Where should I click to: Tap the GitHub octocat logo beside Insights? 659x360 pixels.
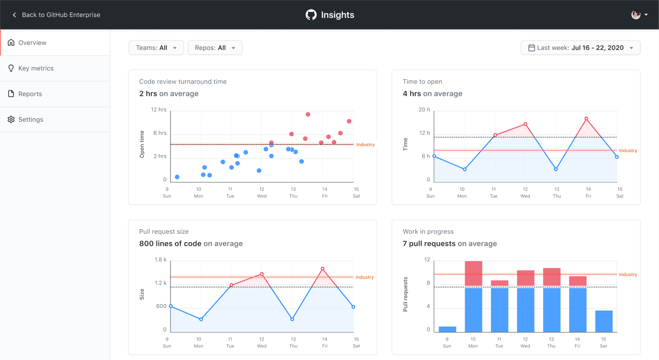click(x=311, y=15)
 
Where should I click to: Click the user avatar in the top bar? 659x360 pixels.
click(x=636, y=15)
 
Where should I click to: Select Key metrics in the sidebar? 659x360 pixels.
click(x=35, y=68)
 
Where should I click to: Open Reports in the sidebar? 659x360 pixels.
click(x=30, y=94)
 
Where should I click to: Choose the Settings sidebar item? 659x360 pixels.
click(x=30, y=119)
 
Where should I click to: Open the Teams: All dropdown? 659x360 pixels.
click(x=156, y=48)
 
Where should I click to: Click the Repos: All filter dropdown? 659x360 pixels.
click(x=215, y=48)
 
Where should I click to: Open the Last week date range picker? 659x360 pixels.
click(x=580, y=48)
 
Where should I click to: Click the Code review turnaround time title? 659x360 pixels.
click(x=183, y=81)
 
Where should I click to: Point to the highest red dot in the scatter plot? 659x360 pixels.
click(x=308, y=114)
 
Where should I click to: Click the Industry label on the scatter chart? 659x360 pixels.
click(x=365, y=145)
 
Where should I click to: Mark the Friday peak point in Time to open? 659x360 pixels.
click(x=586, y=119)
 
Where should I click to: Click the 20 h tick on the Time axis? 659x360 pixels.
click(x=424, y=109)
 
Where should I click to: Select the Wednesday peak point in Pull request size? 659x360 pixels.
click(x=262, y=274)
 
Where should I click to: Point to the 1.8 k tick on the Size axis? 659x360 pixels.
click(x=160, y=260)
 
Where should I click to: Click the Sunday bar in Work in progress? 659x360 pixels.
click(x=447, y=329)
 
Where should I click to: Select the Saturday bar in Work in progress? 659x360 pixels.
click(x=604, y=321)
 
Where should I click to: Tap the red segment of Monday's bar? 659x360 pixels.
click(x=473, y=274)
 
